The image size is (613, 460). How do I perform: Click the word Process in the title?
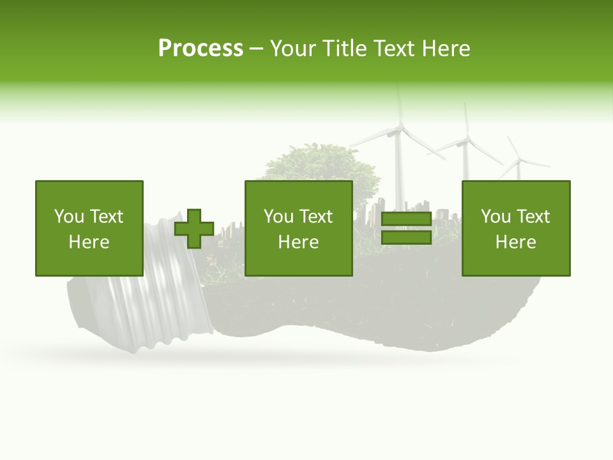tap(201, 49)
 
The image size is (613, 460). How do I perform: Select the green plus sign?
tap(194, 229)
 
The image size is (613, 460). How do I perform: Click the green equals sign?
tap(406, 228)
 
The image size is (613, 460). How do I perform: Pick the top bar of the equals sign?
tap(406, 219)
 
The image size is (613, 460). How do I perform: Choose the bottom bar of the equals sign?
tap(406, 238)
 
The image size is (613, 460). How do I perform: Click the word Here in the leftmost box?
tap(89, 242)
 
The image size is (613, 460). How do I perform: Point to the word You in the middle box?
tap(278, 217)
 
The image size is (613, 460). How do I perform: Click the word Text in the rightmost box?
tap(533, 217)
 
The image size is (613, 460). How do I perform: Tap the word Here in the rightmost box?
tap(516, 242)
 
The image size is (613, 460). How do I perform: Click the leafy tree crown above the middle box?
tap(319, 165)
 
